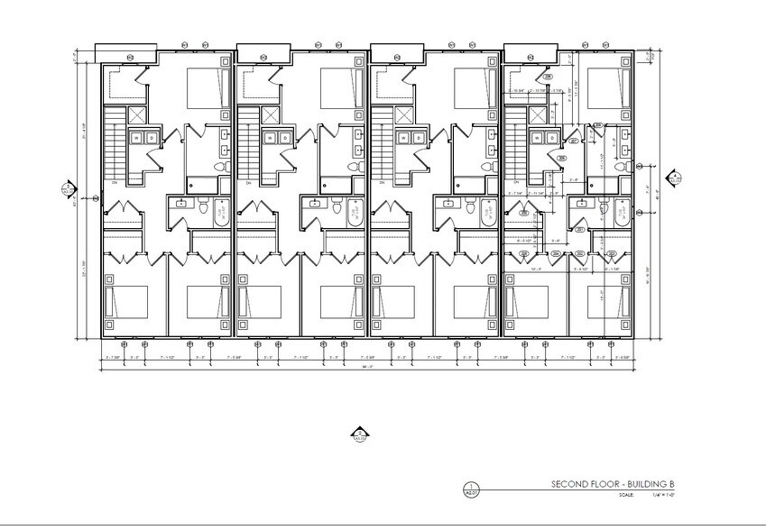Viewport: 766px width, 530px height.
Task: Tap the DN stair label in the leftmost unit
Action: [115, 182]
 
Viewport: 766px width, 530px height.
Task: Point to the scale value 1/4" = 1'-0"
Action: [648, 495]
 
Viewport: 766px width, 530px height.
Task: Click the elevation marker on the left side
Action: [66, 191]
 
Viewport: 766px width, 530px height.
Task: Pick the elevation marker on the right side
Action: [674, 177]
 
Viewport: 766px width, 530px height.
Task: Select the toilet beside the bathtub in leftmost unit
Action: [204, 210]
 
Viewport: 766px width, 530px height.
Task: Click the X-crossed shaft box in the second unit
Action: [272, 114]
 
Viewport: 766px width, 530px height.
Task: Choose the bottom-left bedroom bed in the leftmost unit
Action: [122, 301]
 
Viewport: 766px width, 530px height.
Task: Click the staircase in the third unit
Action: [383, 143]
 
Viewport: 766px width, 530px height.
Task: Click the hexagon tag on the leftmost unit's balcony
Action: [129, 59]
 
